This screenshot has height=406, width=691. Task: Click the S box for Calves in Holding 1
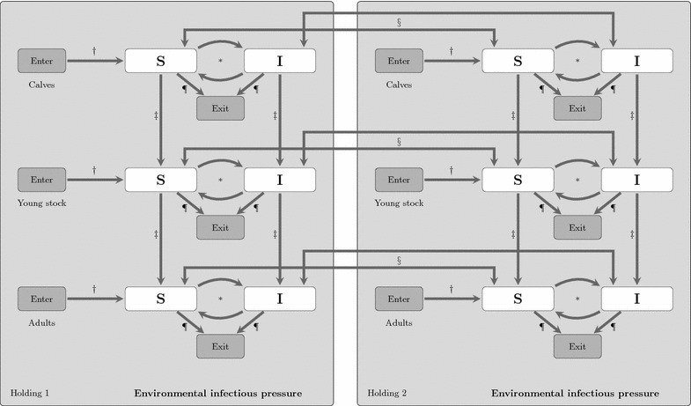click(x=160, y=61)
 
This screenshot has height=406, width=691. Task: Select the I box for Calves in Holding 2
click(x=636, y=61)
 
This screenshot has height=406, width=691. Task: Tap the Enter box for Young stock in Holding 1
click(x=42, y=180)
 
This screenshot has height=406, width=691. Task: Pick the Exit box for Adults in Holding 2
click(x=577, y=346)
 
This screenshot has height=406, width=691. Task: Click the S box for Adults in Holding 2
click(x=518, y=299)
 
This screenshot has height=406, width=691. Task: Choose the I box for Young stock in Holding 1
click(x=279, y=180)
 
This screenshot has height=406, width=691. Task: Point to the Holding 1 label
click(x=30, y=392)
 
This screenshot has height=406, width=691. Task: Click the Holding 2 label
click(x=386, y=392)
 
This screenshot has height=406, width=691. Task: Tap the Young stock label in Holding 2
click(x=399, y=203)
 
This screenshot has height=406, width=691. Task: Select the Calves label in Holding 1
click(x=42, y=85)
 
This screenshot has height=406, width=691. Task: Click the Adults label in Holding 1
click(x=42, y=322)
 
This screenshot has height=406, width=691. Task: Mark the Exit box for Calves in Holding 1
click(x=220, y=108)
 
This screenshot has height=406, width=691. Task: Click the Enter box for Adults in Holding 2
click(x=399, y=299)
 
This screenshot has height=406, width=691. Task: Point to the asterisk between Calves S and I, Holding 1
click(x=220, y=62)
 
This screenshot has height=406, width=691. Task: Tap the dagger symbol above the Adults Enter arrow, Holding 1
click(x=93, y=288)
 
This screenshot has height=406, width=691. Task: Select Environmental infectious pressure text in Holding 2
click(x=575, y=392)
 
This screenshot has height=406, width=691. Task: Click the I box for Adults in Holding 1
click(x=279, y=299)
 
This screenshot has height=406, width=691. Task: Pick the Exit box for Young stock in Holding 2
click(x=577, y=227)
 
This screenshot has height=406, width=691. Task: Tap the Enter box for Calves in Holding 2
click(x=399, y=61)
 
